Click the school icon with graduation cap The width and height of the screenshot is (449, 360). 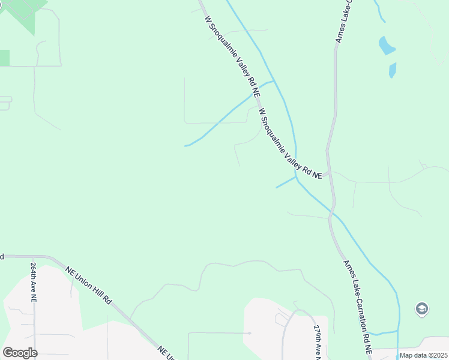click(x=422, y=309)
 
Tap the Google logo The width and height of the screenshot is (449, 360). click(x=20, y=352)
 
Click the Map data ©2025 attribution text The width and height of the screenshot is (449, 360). click(x=423, y=356)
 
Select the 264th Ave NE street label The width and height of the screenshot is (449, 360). click(x=34, y=281)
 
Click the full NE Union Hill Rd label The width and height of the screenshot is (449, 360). click(x=89, y=284)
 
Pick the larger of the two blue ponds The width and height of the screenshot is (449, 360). click(x=386, y=45)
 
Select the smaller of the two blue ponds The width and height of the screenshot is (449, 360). click(x=393, y=70)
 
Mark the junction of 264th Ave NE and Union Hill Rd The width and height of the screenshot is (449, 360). click(x=34, y=256)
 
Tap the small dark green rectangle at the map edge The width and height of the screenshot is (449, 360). click(x=4, y=58)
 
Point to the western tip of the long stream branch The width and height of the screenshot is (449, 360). click(x=185, y=145)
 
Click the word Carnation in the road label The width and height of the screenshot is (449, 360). click(x=358, y=305)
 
